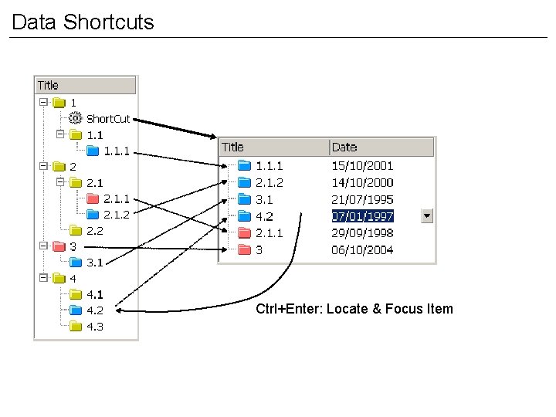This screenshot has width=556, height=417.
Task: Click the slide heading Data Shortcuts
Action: coord(83,22)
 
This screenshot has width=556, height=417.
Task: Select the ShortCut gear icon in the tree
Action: coord(75,118)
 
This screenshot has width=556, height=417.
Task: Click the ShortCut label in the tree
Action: coord(107,119)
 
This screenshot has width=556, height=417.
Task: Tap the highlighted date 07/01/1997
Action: coord(363,215)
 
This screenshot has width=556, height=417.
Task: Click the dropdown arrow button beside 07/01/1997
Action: coord(427,215)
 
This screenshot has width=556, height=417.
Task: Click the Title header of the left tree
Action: coord(48,85)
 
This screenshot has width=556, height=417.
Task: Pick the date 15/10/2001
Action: coord(363,165)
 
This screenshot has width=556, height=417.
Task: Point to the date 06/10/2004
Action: coord(363,249)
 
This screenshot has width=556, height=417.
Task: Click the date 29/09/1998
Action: coord(363,232)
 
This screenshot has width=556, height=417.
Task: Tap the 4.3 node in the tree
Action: coord(95,327)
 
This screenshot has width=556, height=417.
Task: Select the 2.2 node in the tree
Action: coord(95,230)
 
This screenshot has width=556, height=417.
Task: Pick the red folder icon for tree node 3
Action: coord(58,247)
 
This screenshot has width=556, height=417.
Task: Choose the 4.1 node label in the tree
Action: coord(95,294)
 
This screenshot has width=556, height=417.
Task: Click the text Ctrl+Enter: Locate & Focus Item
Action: coord(354,309)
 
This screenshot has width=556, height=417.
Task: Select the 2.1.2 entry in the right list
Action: coord(269,182)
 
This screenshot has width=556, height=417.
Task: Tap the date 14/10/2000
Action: coord(363,182)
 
